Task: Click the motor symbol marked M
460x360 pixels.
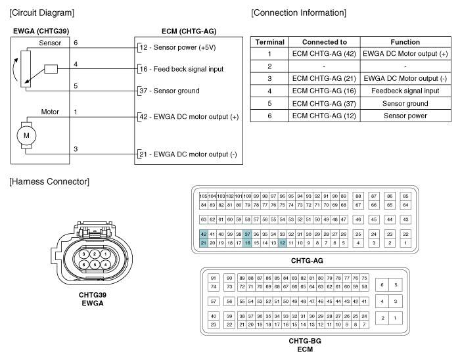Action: [26, 135]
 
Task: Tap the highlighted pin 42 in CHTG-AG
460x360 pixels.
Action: [203, 234]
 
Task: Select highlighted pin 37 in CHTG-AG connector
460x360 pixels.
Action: [247, 234]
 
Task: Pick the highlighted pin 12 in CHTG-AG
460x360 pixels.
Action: [282, 242]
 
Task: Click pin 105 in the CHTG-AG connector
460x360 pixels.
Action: [203, 196]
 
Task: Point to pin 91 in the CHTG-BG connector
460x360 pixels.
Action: [214, 278]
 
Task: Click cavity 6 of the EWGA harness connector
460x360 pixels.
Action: [83, 265]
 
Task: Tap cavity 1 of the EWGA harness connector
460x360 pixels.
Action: [105, 254]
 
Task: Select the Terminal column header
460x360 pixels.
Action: [269, 42]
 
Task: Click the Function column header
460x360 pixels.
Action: [405, 42]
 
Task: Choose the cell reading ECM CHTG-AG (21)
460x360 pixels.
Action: [324, 79]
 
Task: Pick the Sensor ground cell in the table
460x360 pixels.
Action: [405, 104]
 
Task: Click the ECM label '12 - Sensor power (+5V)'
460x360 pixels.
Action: [178, 47]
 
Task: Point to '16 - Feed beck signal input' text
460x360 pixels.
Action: [181, 69]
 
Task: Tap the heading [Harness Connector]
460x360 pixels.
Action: [49, 181]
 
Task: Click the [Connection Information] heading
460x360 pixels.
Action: [298, 12]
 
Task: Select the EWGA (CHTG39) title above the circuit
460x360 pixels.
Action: [41, 31]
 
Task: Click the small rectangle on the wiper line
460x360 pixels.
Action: [51, 69]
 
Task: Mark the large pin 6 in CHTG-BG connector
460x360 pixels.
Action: [382, 284]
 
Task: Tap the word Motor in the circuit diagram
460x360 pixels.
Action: [50, 112]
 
